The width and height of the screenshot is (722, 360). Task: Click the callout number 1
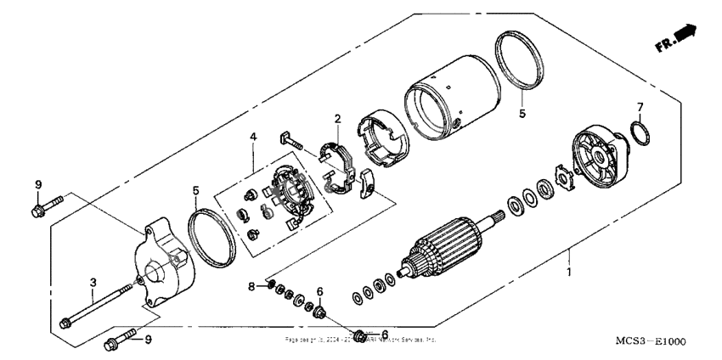(570, 273)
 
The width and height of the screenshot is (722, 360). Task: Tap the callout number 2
(337, 119)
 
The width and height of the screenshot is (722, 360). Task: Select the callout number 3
(91, 281)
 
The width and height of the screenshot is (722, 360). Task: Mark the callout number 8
(251, 287)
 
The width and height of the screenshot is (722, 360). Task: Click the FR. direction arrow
(677, 38)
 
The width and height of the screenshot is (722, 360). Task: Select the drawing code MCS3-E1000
(651, 341)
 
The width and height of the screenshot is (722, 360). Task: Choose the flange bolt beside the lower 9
(117, 343)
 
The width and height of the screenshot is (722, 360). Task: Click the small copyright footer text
(361, 338)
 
